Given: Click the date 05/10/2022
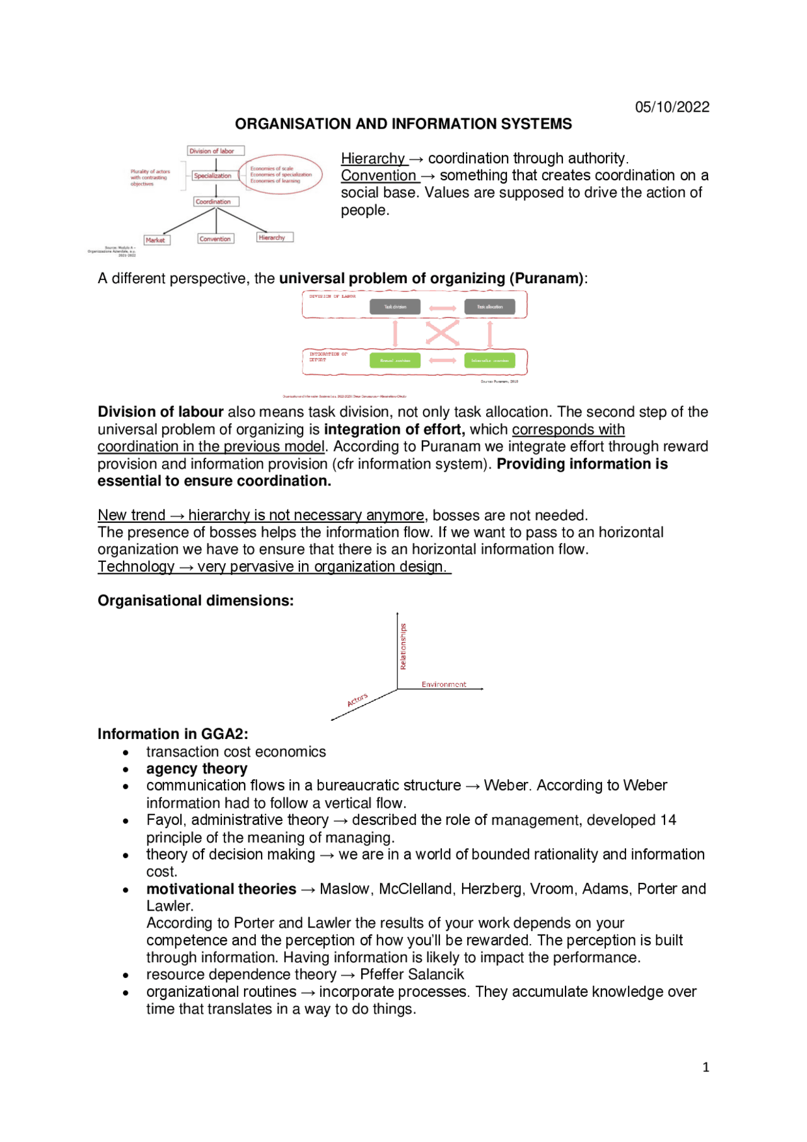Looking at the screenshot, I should point(671,107).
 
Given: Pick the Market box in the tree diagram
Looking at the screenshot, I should point(156,240).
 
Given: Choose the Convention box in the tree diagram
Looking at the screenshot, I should point(216,239).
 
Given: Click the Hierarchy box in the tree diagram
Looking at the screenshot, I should point(274,238).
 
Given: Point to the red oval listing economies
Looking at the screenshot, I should point(281,175).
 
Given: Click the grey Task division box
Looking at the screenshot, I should point(395,307).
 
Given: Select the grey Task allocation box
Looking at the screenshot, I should point(489,307).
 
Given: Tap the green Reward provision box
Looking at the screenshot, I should point(395,361).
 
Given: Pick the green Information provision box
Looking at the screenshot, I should point(489,361).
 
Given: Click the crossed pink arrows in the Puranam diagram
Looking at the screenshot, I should point(442,333).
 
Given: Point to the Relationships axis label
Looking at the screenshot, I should point(403,646).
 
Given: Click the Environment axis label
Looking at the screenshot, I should point(444,684).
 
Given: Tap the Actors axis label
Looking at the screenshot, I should point(357,700).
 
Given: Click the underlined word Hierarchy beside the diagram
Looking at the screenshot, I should point(373,158).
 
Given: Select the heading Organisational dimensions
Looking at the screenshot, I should point(195,600).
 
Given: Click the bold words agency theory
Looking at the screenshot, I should point(197,769).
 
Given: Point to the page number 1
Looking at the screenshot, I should point(705,1067).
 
